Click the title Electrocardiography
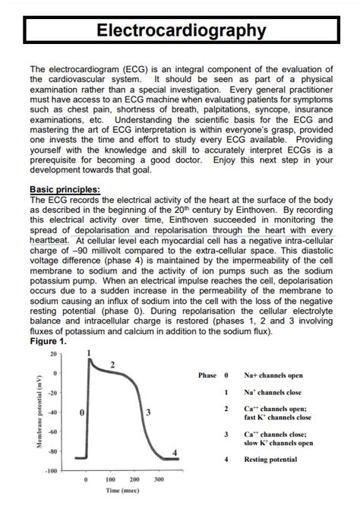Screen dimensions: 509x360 pos(180,30)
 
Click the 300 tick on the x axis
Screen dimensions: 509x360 pos(159,481)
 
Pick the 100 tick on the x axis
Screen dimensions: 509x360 pos(110,481)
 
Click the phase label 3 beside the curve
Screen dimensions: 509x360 pos(147,413)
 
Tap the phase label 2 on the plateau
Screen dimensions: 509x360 pos(112,365)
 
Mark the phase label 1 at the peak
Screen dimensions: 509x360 pos(90,353)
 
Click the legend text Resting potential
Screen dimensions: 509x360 pos(270,459)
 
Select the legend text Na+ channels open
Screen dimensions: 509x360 pos(273,375)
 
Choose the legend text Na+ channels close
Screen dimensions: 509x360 pos(273,392)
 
